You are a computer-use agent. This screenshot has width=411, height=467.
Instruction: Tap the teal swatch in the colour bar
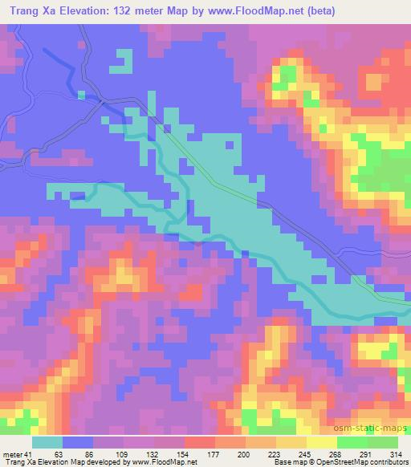pyautogui.click(x=47, y=442)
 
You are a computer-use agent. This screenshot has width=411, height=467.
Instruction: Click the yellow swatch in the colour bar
pyautogui.click(x=322, y=442)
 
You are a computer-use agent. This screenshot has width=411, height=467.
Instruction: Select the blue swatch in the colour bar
pyautogui.click(x=78, y=442)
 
